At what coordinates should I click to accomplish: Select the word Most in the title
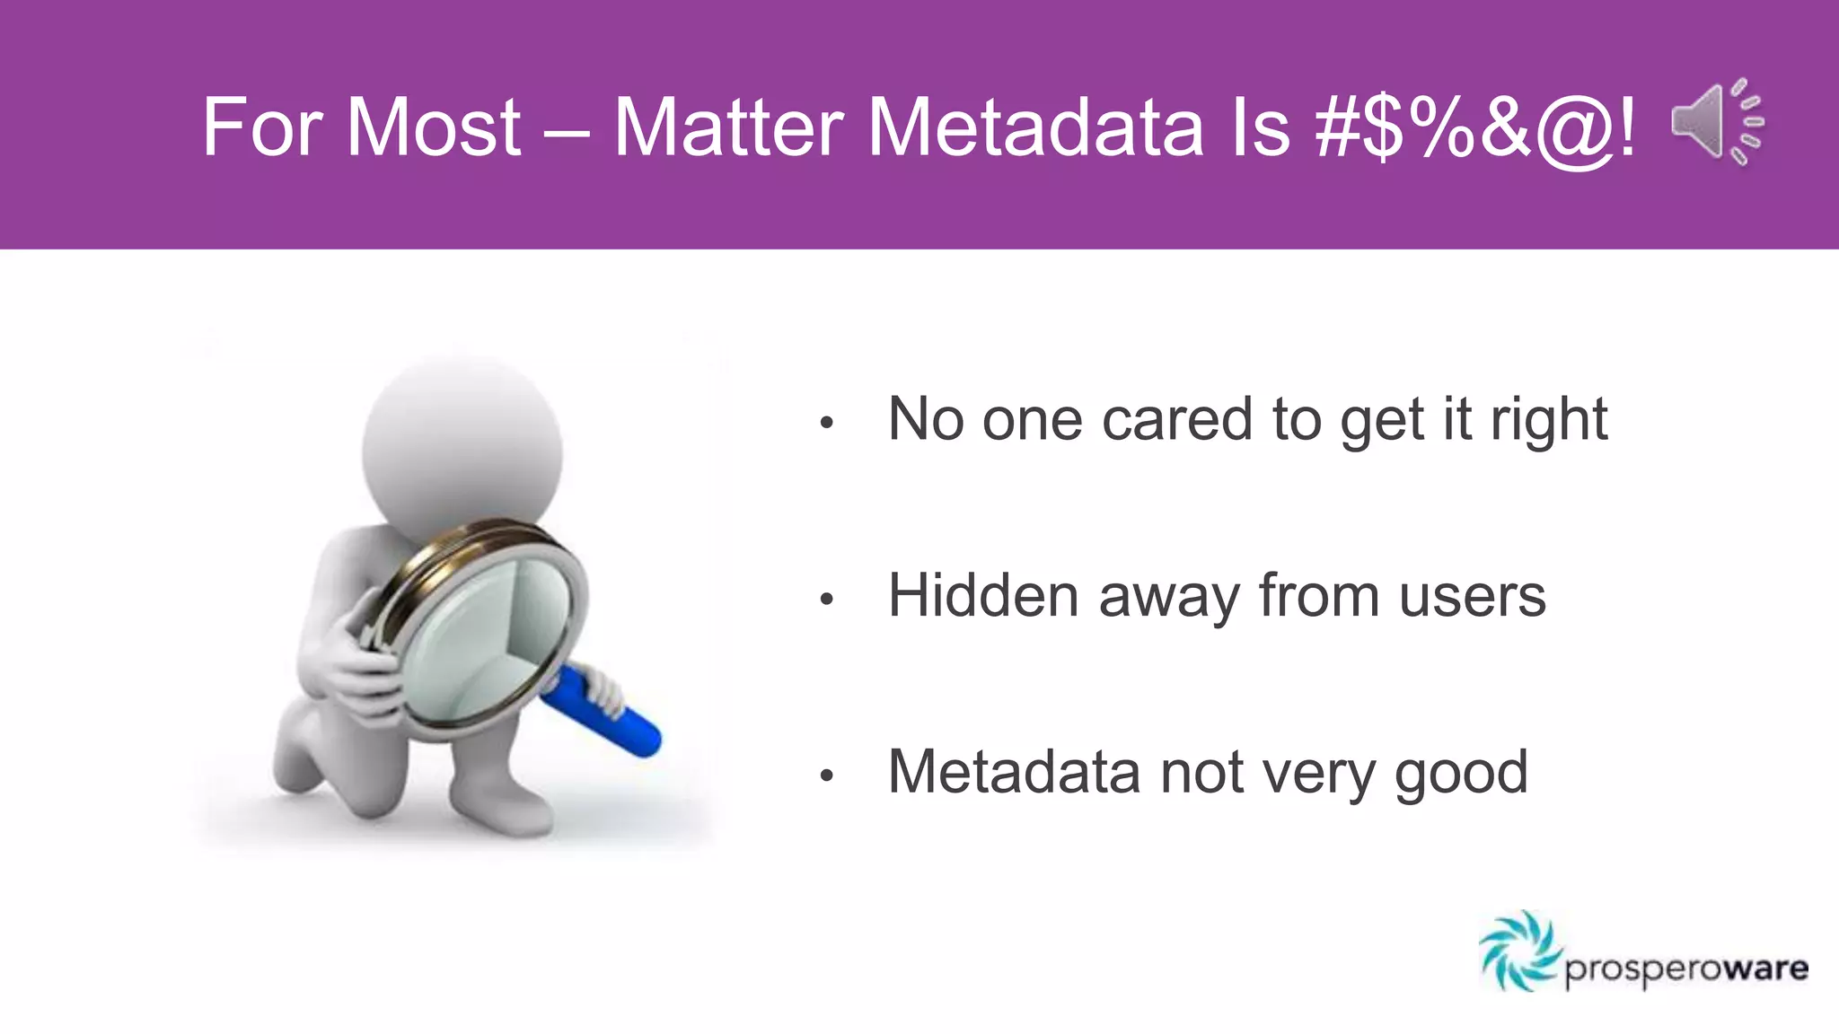tap(433, 127)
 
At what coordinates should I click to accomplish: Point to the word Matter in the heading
tap(727, 127)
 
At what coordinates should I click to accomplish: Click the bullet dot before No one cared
tap(827, 422)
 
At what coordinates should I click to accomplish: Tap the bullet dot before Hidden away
tap(827, 599)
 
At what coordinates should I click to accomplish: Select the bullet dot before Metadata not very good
tap(827, 775)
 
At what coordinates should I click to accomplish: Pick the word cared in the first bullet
tap(1176, 420)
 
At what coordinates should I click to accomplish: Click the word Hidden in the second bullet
tap(982, 596)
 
